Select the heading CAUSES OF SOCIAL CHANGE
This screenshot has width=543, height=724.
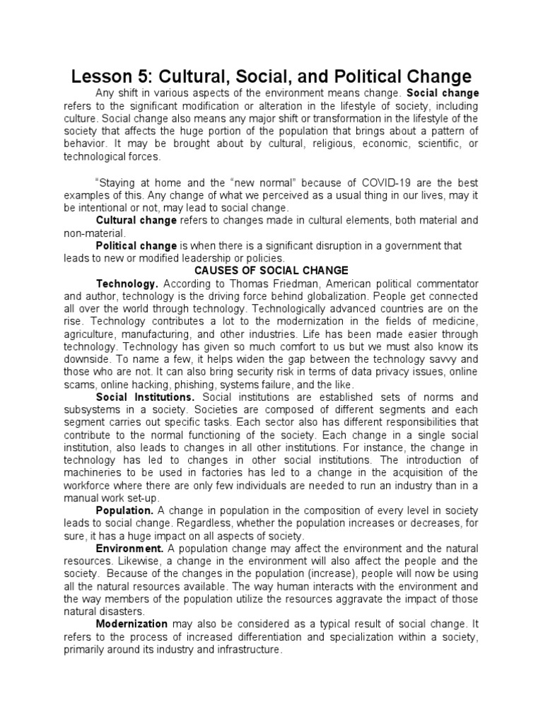pos(271,269)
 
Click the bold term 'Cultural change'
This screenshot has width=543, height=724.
pos(136,221)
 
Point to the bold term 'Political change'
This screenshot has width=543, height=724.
pos(136,245)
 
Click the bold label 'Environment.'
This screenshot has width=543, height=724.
pos(129,549)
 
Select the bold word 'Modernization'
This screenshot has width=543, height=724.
pos(132,624)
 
